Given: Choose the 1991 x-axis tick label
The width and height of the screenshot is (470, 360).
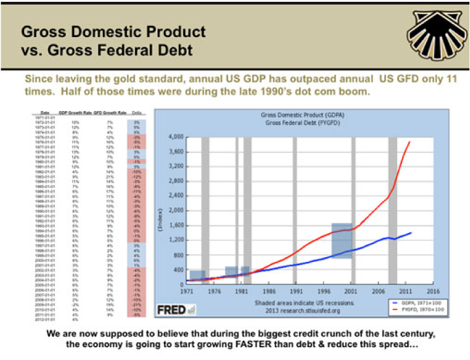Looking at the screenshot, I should coord(297,290).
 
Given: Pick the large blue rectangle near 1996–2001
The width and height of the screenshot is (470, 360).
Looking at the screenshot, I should coord(341,240).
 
